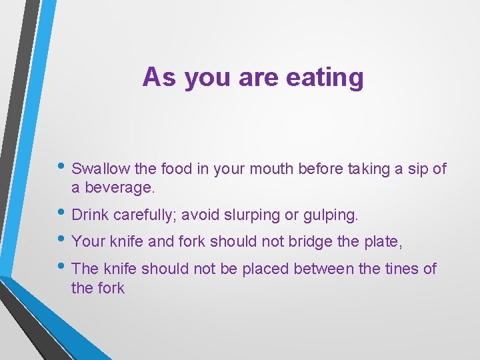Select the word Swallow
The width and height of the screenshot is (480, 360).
click(97, 169)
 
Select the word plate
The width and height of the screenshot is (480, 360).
click(382, 241)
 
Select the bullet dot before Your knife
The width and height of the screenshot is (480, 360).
click(63, 241)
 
